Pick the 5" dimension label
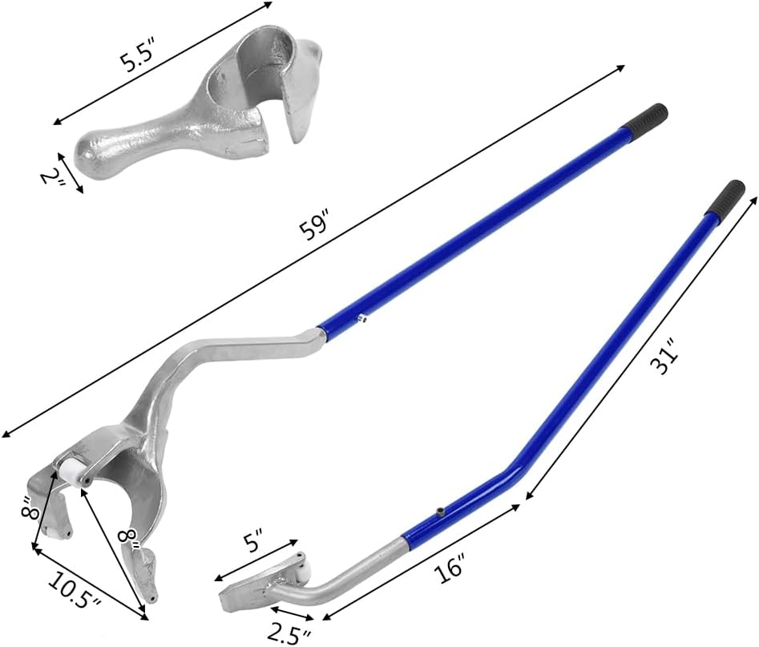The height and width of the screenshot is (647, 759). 252,541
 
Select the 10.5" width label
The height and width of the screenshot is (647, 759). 75,591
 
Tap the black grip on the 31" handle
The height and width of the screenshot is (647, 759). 725,197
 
